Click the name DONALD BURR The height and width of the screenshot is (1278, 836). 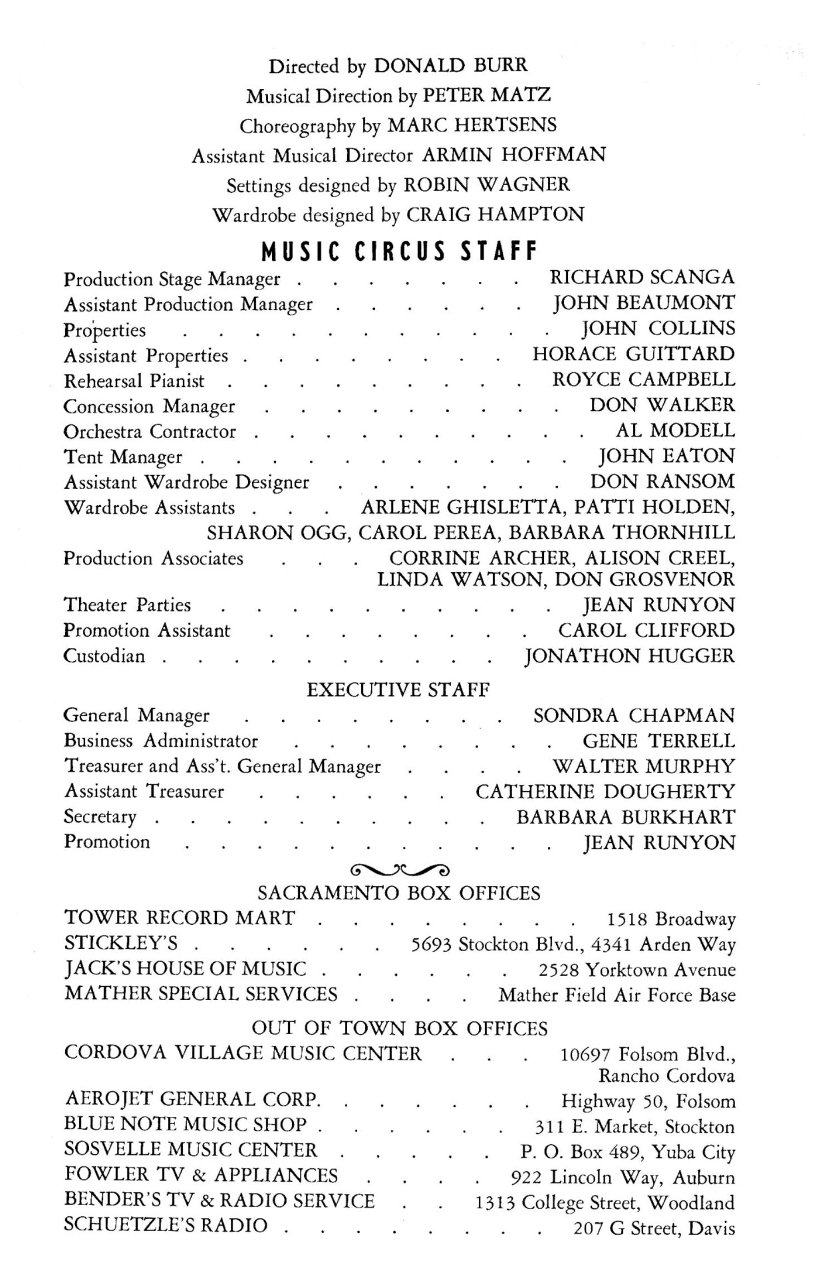click(x=450, y=66)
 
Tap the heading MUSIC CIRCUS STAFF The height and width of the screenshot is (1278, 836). click(x=400, y=251)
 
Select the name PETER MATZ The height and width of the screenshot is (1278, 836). click(x=487, y=95)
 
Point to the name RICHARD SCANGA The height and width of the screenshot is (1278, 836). click(x=642, y=277)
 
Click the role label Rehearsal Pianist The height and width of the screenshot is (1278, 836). click(x=134, y=381)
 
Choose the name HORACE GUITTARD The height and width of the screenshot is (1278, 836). click(x=634, y=354)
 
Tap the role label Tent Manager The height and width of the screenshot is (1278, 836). click(x=123, y=457)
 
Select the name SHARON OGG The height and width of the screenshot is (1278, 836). click(x=278, y=533)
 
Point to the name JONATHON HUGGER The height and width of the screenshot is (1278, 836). click(x=630, y=656)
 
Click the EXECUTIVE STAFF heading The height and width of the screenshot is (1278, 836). click(x=398, y=690)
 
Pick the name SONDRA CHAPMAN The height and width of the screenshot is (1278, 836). click(x=634, y=715)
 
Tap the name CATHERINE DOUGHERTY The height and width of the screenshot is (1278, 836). click(x=605, y=791)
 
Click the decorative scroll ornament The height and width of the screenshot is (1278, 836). click(x=400, y=869)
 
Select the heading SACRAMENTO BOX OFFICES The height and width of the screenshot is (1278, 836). click(x=399, y=894)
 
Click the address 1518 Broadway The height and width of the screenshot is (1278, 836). click(x=671, y=919)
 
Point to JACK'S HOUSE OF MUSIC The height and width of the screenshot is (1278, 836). click(x=186, y=969)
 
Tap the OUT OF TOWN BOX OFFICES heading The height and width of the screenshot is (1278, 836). click(x=400, y=1028)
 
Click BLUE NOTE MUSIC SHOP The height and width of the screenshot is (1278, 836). click(x=186, y=1124)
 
